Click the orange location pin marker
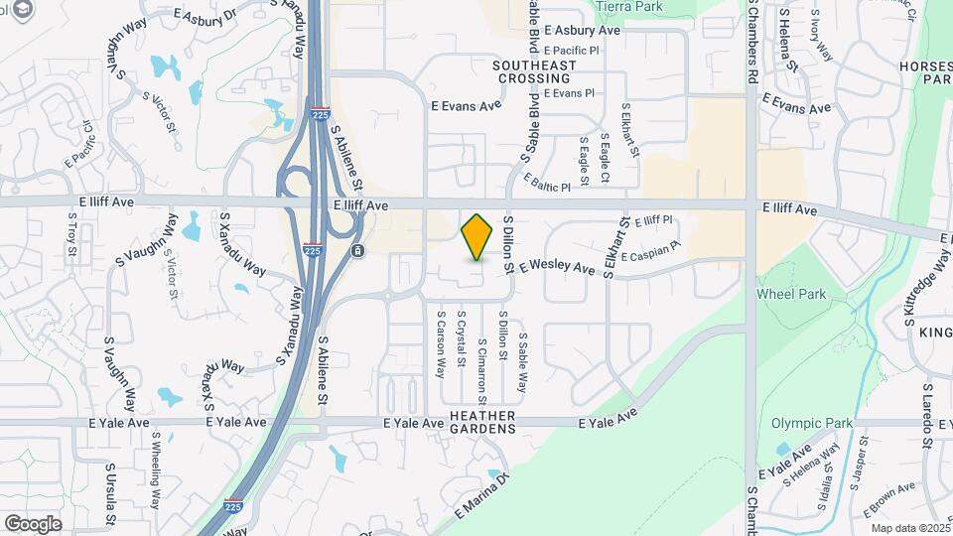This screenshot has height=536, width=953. [477, 236]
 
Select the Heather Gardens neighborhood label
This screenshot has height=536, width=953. [482, 422]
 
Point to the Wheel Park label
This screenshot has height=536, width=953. [791, 294]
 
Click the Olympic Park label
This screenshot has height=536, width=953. [812, 423]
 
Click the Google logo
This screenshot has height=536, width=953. [33, 523]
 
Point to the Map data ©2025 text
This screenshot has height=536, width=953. [908, 527]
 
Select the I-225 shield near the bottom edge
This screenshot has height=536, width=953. [234, 506]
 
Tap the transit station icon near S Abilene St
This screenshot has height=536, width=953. [355, 250]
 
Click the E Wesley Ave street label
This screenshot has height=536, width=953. [563, 267]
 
